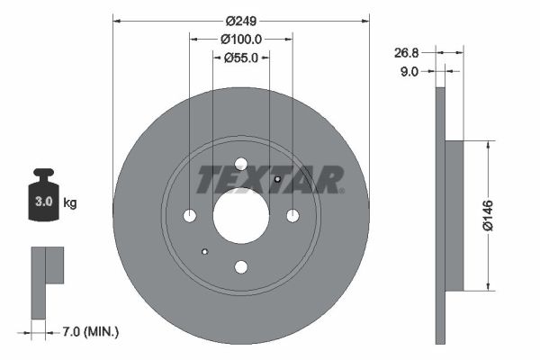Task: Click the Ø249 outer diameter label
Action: point(240,20)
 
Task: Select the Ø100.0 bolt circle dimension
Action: point(240,39)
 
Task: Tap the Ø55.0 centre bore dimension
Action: point(240,57)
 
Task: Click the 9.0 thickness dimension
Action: point(409,72)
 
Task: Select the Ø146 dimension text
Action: point(487,216)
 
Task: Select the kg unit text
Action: point(70,203)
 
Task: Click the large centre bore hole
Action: point(241,216)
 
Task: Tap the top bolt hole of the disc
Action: point(241,164)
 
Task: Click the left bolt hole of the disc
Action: point(190,216)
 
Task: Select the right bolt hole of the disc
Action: point(292,216)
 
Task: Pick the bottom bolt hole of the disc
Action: point(241,267)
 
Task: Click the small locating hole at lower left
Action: point(205,252)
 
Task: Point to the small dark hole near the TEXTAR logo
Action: point(277,179)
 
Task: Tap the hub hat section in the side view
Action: point(454,216)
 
